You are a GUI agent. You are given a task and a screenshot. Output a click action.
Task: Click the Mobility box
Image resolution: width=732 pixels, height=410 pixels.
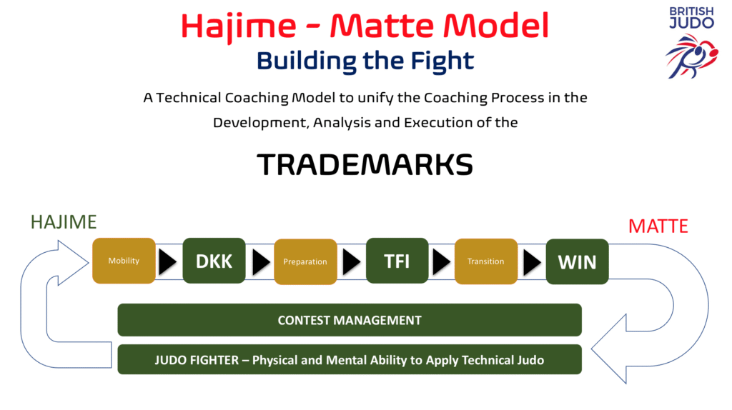[124, 261]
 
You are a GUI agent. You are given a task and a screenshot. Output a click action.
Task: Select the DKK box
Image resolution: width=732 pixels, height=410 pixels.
[214, 261]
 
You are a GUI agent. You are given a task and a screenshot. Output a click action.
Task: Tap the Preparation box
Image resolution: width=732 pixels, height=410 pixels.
[305, 261]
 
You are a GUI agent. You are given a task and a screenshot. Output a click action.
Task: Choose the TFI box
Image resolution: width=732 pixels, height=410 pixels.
[397, 261]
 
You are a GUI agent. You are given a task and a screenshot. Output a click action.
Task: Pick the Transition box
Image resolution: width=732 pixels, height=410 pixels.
[486, 261]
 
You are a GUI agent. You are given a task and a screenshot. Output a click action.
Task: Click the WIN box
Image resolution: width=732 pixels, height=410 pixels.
[577, 261]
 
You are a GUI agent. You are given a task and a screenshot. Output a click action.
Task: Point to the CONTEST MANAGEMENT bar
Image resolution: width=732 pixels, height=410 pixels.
[349, 320]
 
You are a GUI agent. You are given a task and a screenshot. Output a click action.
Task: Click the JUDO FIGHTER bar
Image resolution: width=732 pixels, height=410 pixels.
[349, 360]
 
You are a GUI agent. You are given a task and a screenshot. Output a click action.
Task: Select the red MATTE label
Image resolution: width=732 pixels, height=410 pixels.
[658, 226]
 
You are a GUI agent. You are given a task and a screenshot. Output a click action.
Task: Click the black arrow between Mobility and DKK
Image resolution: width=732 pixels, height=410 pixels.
[168, 262]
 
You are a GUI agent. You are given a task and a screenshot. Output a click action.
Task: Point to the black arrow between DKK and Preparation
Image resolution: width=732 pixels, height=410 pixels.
[260, 262]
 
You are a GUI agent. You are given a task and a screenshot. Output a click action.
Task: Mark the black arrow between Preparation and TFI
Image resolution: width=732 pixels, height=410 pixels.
[351, 262]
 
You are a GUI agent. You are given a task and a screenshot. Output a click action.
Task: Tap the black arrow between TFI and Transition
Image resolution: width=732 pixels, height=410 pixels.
[442, 262]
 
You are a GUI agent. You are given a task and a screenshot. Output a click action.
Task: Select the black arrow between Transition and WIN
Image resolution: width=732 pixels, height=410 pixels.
[532, 262]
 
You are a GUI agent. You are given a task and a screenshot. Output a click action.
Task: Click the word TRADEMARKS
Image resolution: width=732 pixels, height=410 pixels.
[365, 165]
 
